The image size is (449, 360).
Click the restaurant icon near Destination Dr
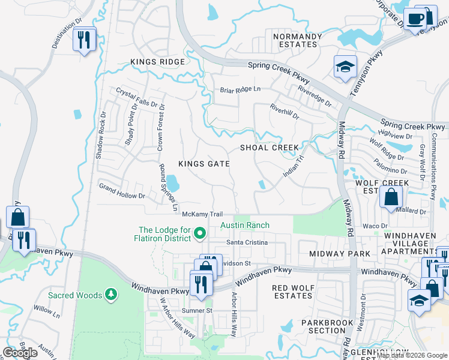point(83,40)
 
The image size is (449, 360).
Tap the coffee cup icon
point(415,19)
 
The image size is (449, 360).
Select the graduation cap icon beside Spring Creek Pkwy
point(345,67)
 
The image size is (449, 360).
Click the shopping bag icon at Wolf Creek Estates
point(391,197)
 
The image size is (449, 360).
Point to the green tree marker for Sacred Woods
point(110,294)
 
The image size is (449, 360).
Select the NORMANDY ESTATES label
point(295,40)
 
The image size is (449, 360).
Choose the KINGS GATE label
point(204,163)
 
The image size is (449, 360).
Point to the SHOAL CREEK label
point(270,148)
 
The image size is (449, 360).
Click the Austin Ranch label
point(244,226)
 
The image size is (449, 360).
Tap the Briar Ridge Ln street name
point(240,90)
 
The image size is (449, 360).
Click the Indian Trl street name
point(294,166)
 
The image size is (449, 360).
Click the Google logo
point(20,353)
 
